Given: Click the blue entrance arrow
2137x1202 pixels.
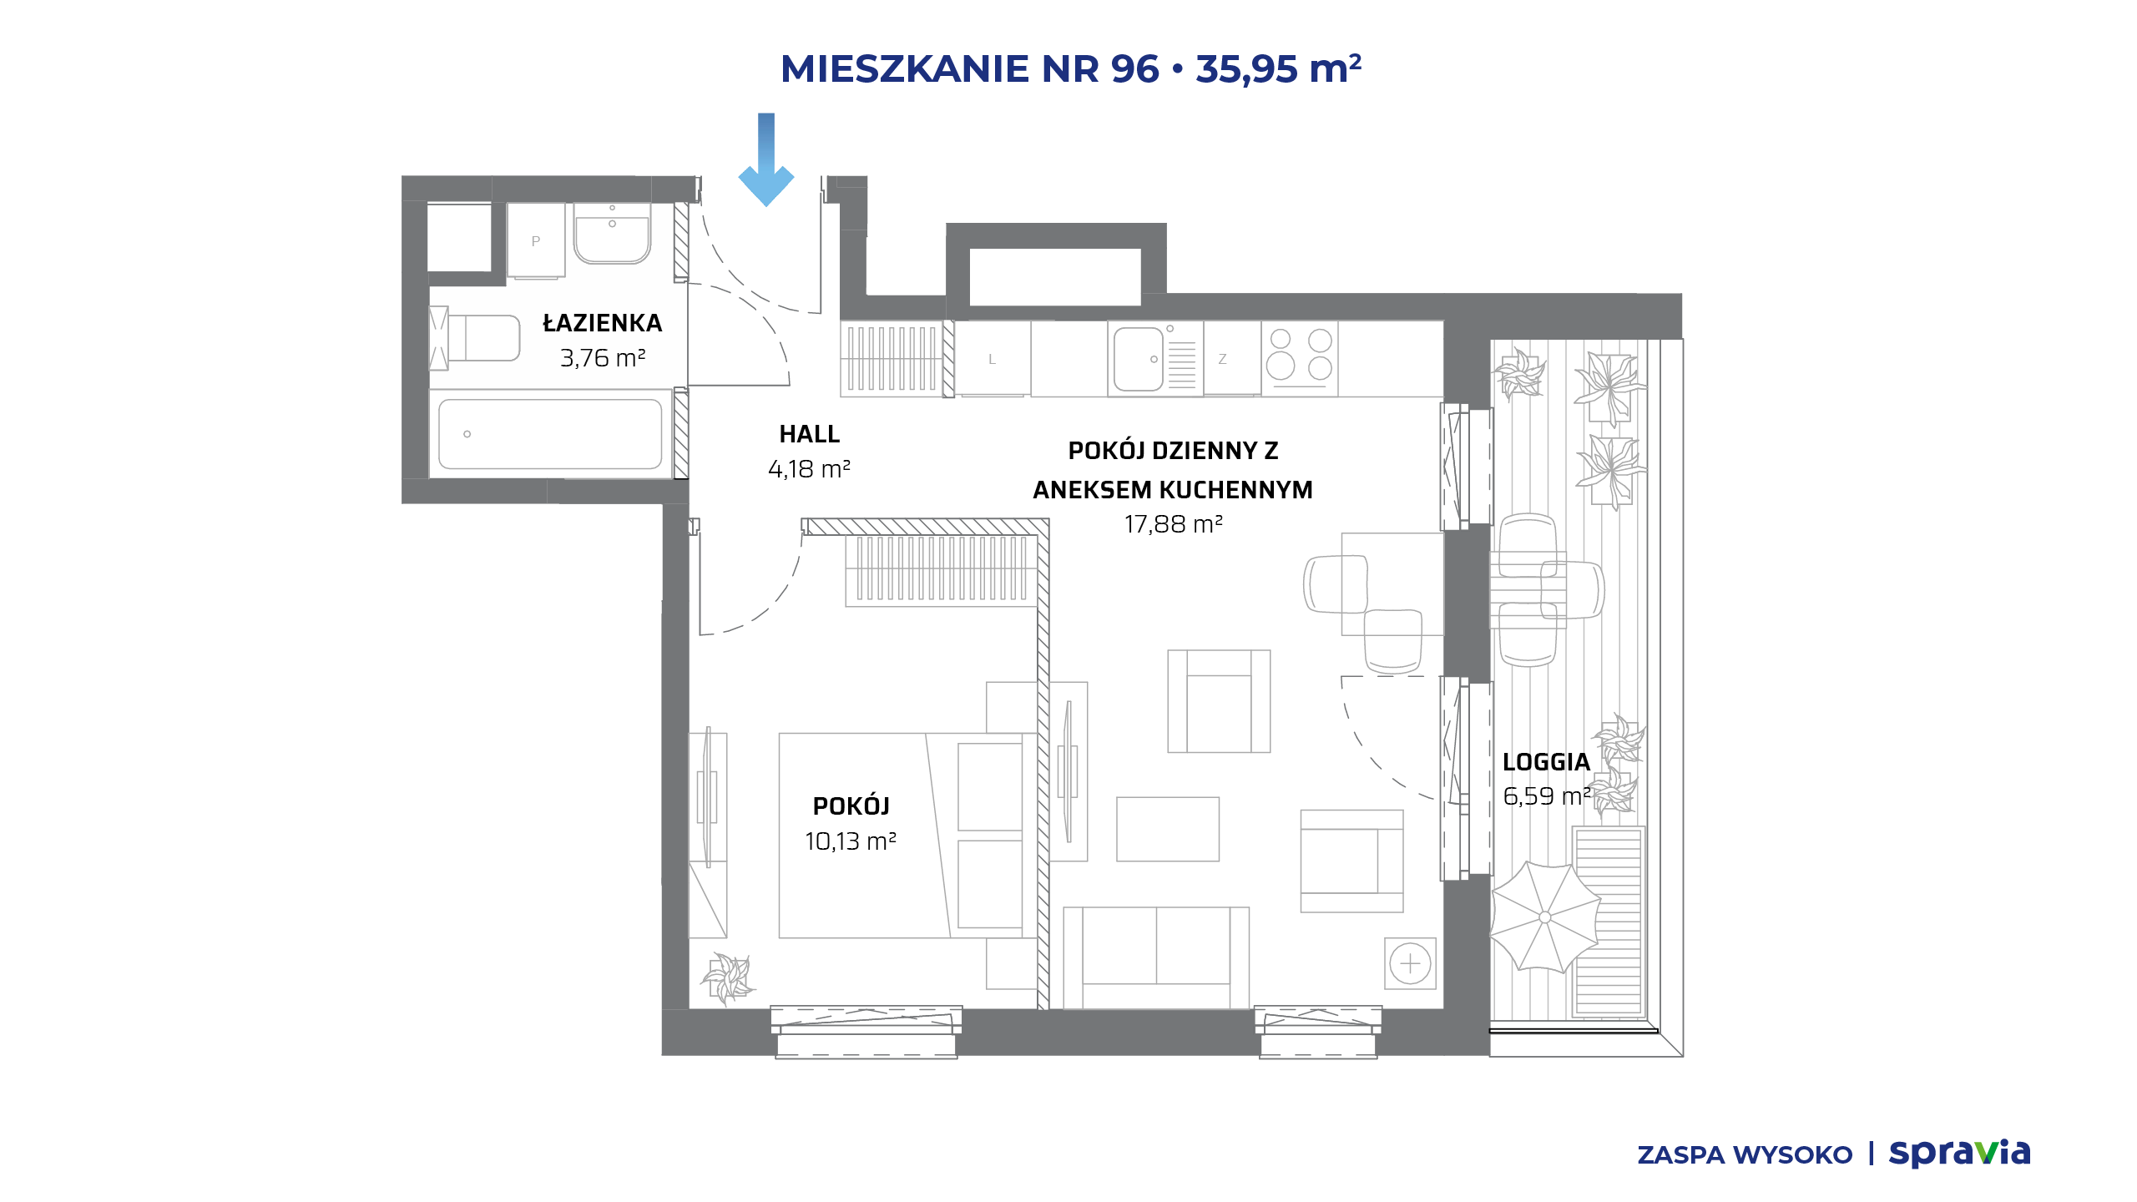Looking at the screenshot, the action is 765,159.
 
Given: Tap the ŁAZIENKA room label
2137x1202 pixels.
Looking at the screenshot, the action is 602,323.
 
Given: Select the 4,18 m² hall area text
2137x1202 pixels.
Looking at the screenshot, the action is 809,469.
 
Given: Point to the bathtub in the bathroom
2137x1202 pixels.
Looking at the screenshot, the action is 550,434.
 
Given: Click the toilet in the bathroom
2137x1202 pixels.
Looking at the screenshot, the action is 474,338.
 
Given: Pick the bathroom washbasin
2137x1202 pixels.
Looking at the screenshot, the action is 612,234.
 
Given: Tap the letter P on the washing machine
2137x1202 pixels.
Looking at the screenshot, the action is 536,241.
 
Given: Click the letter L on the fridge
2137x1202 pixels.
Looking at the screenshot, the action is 992,360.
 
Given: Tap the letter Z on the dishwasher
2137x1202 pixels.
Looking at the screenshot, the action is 1222,360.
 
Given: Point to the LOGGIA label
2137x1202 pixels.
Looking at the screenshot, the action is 1546,762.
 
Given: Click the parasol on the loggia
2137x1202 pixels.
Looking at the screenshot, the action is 1544,917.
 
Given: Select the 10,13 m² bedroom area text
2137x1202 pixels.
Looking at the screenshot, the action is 851,841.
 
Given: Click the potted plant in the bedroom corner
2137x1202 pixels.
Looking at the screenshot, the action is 728,977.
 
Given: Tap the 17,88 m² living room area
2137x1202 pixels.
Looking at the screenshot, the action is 1173,524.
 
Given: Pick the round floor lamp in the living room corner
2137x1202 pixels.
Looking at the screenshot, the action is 1410,963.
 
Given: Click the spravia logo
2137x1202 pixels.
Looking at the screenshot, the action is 1959,1154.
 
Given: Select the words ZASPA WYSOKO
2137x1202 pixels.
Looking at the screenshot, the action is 1745,1155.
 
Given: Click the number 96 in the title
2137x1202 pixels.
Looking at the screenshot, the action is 1135,68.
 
